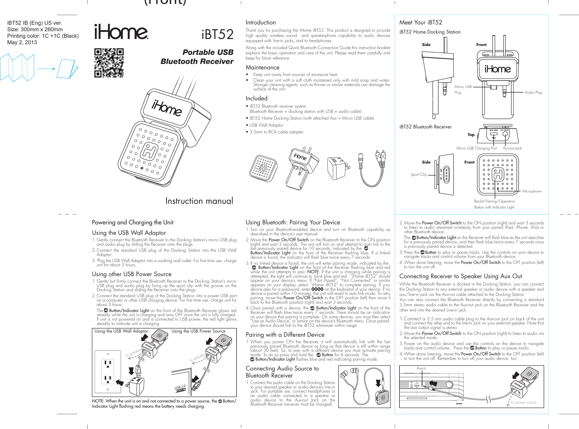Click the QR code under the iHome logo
tap(109, 63)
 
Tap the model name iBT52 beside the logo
tap(218, 34)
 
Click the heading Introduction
tap(260, 22)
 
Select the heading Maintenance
tap(262, 67)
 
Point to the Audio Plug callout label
tap(533, 92)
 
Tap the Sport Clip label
tap(418, 174)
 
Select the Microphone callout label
tap(531, 191)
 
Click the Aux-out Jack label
tap(512, 148)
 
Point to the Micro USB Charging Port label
tap(476, 148)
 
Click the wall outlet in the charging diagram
tap(108, 372)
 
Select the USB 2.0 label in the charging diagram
tap(180, 387)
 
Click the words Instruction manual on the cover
tap(199, 201)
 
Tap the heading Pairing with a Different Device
tap(285, 335)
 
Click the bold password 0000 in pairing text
tap(317, 289)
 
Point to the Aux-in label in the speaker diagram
tap(421, 368)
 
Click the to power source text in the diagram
tap(523, 402)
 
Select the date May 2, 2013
tap(22, 42)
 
